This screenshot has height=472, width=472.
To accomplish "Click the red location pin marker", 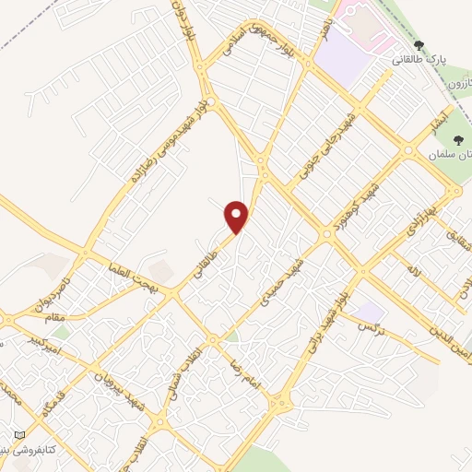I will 238,217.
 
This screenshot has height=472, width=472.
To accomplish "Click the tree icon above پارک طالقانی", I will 419,44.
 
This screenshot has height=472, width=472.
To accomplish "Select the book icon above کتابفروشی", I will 20,433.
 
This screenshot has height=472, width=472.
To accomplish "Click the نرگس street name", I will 368,325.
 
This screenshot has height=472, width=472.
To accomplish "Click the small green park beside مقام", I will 61,331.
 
